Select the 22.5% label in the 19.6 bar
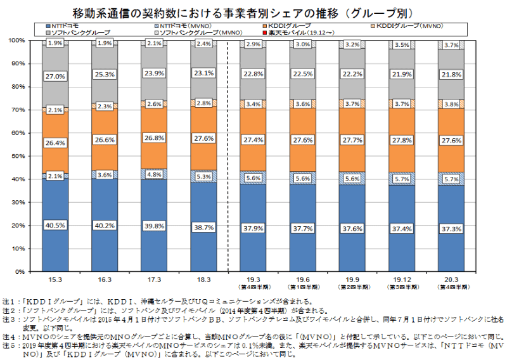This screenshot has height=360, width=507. click(304, 74)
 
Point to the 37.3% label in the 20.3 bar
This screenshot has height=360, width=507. click(452, 228)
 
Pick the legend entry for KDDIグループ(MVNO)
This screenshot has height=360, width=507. click(408, 25)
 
